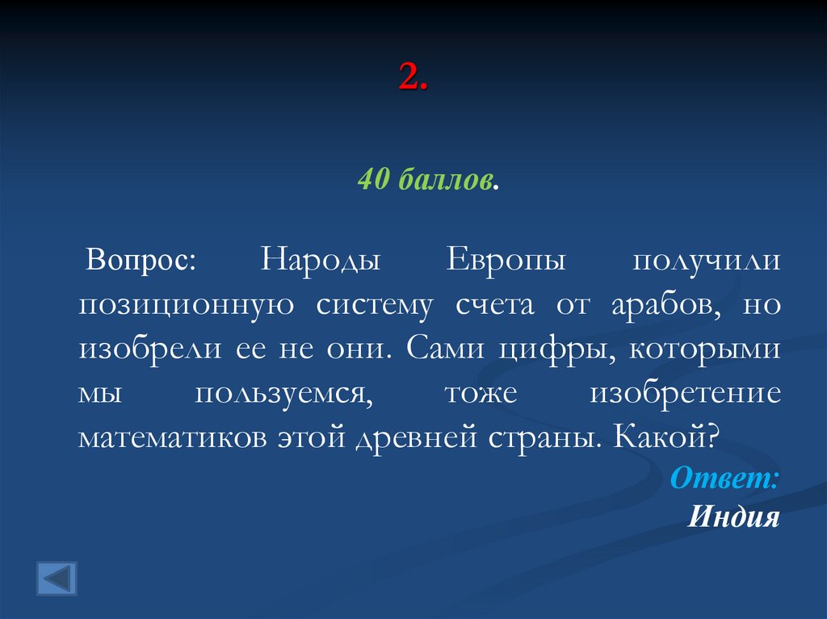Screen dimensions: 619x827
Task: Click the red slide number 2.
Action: tap(411, 78)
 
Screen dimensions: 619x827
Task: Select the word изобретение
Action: tap(686, 395)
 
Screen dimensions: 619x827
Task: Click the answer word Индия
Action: tap(733, 517)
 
